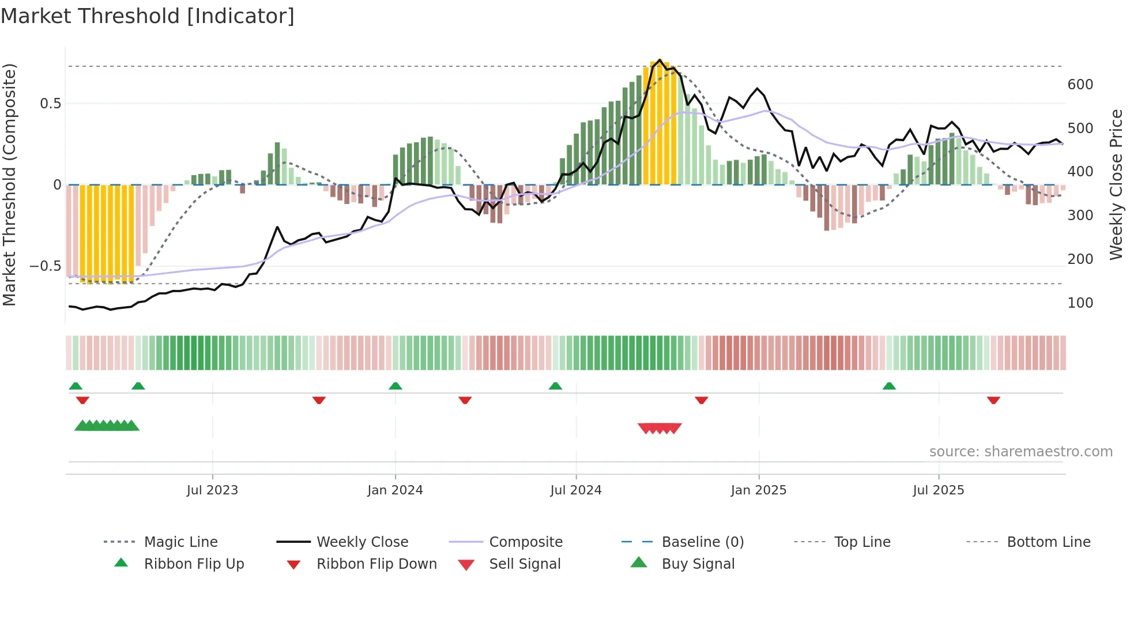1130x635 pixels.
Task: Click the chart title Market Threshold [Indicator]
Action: [x=148, y=16]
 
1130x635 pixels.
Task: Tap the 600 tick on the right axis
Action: [x=1080, y=85]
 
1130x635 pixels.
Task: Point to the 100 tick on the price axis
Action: [x=1080, y=303]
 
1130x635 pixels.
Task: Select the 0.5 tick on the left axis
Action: [x=50, y=104]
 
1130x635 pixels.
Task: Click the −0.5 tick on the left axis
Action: [x=45, y=266]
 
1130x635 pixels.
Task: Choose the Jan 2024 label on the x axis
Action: [x=395, y=490]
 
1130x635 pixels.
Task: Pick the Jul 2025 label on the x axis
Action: [x=938, y=490]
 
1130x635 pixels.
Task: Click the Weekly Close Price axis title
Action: [x=1116, y=184]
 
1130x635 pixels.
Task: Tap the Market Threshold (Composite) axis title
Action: [x=9, y=184]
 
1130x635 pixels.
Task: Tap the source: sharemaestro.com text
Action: [x=1020, y=452]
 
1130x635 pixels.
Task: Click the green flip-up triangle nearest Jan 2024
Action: [x=395, y=386]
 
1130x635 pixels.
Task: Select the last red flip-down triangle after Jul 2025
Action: [x=993, y=400]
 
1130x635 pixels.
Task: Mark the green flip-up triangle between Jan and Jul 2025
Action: [x=889, y=386]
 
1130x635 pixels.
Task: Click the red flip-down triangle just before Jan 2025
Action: [x=702, y=400]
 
